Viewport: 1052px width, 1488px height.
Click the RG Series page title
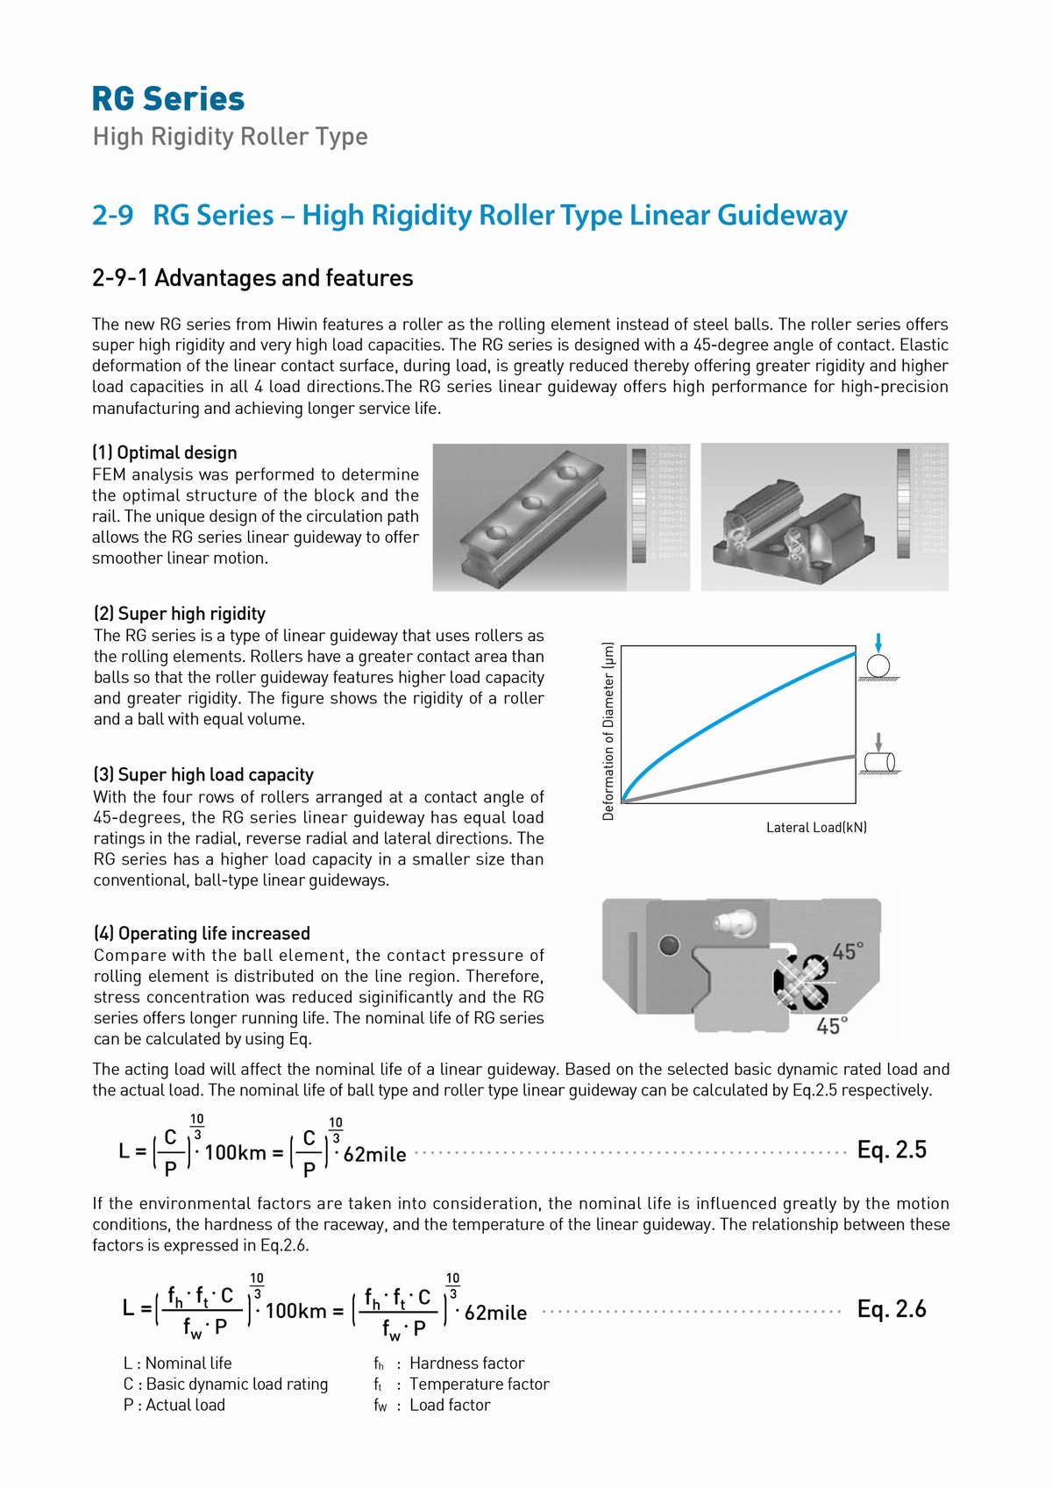(x=168, y=99)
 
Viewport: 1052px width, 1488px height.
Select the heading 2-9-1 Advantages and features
(x=252, y=278)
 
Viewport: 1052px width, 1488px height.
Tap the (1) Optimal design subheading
(x=165, y=452)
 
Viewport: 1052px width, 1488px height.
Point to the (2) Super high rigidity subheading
(x=180, y=614)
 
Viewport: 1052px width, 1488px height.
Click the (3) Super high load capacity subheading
(x=203, y=775)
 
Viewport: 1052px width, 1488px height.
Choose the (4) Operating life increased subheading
(x=203, y=934)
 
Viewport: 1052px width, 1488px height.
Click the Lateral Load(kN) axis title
(x=816, y=828)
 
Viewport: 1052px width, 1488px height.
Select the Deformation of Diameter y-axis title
(x=608, y=731)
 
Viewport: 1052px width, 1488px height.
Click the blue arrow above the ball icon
(x=878, y=642)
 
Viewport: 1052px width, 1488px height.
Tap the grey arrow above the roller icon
(x=878, y=742)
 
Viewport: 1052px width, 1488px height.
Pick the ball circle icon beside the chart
(x=878, y=666)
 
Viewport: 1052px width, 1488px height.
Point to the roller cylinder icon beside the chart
(x=878, y=761)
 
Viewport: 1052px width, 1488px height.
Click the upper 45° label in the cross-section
(x=847, y=952)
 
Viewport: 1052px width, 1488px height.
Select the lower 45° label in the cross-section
(x=832, y=1026)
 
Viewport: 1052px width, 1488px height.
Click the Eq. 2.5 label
(x=892, y=1150)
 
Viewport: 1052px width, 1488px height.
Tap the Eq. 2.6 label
(x=892, y=1310)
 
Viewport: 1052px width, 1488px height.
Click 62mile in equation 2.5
(x=374, y=1155)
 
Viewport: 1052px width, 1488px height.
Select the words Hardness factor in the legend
(x=466, y=1363)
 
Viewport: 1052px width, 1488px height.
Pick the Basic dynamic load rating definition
(x=225, y=1385)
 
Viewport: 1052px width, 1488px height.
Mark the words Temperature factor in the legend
(x=479, y=1385)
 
